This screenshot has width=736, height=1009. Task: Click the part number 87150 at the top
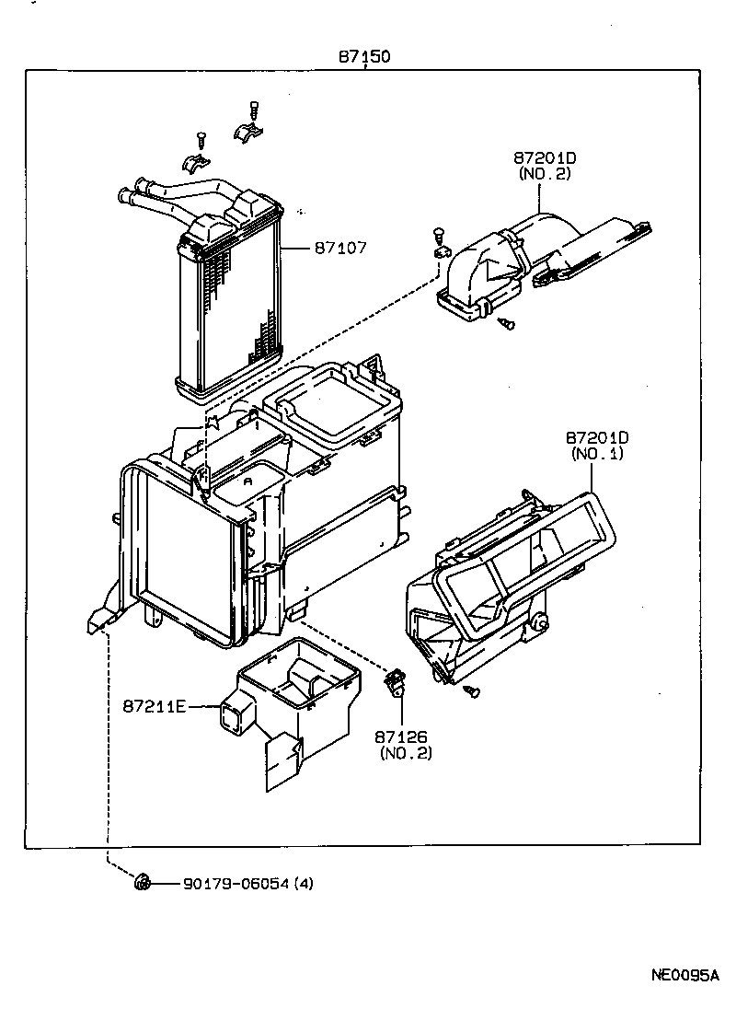tap(364, 56)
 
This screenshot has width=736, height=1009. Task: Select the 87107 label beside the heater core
tap(340, 248)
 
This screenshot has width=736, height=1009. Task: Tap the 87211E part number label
tap(155, 706)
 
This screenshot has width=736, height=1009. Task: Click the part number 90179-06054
tap(236, 884)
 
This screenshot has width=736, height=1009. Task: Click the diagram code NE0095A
tap(684, 976)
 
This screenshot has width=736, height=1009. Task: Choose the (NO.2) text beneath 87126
tap(405, 753)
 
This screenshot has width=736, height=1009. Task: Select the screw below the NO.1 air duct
tap(473, 690)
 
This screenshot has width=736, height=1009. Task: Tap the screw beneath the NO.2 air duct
tap(506, 322)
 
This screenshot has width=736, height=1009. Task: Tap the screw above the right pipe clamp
tap(254, 110)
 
